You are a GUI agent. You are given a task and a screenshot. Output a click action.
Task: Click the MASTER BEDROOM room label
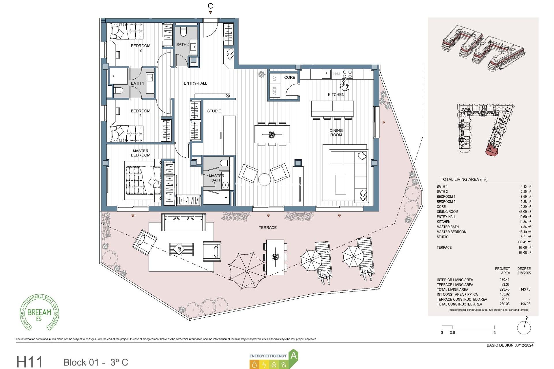(141, 153)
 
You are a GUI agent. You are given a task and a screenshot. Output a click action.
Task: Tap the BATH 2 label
(183, 44)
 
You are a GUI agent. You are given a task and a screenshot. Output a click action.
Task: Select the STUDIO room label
(214, 111)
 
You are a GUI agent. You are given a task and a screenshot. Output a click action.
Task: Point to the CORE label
(289, 77)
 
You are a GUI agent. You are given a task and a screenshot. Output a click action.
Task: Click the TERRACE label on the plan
(267, 227)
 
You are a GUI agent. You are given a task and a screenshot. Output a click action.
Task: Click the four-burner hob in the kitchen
(347, 74)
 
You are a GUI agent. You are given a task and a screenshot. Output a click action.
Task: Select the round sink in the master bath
(225, 185)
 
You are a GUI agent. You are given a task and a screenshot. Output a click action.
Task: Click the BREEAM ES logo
(39, 313)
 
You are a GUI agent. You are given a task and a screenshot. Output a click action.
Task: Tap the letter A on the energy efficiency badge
(293, 355)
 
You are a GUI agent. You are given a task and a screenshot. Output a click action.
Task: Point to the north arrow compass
(524, 327)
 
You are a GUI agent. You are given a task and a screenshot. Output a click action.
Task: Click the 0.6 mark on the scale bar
(452, 332)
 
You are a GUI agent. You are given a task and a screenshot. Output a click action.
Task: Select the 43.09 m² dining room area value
(525, 212)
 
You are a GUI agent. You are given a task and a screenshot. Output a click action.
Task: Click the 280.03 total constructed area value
(504, 304)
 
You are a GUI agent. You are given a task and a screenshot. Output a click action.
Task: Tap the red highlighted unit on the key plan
(491, 150)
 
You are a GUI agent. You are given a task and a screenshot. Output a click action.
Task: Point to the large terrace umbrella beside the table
(247, 270)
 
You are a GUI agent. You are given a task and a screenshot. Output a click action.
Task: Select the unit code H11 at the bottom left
(29, 362)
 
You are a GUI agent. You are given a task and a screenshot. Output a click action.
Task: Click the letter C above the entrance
(210, 6)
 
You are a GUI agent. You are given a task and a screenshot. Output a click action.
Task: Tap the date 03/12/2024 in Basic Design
(524, 345)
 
